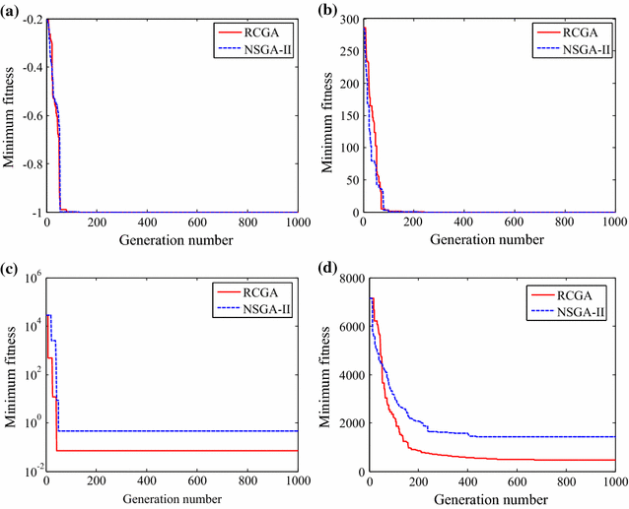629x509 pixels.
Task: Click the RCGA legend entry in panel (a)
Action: (259, 30)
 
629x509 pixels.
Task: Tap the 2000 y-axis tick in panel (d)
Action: (346, 423)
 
